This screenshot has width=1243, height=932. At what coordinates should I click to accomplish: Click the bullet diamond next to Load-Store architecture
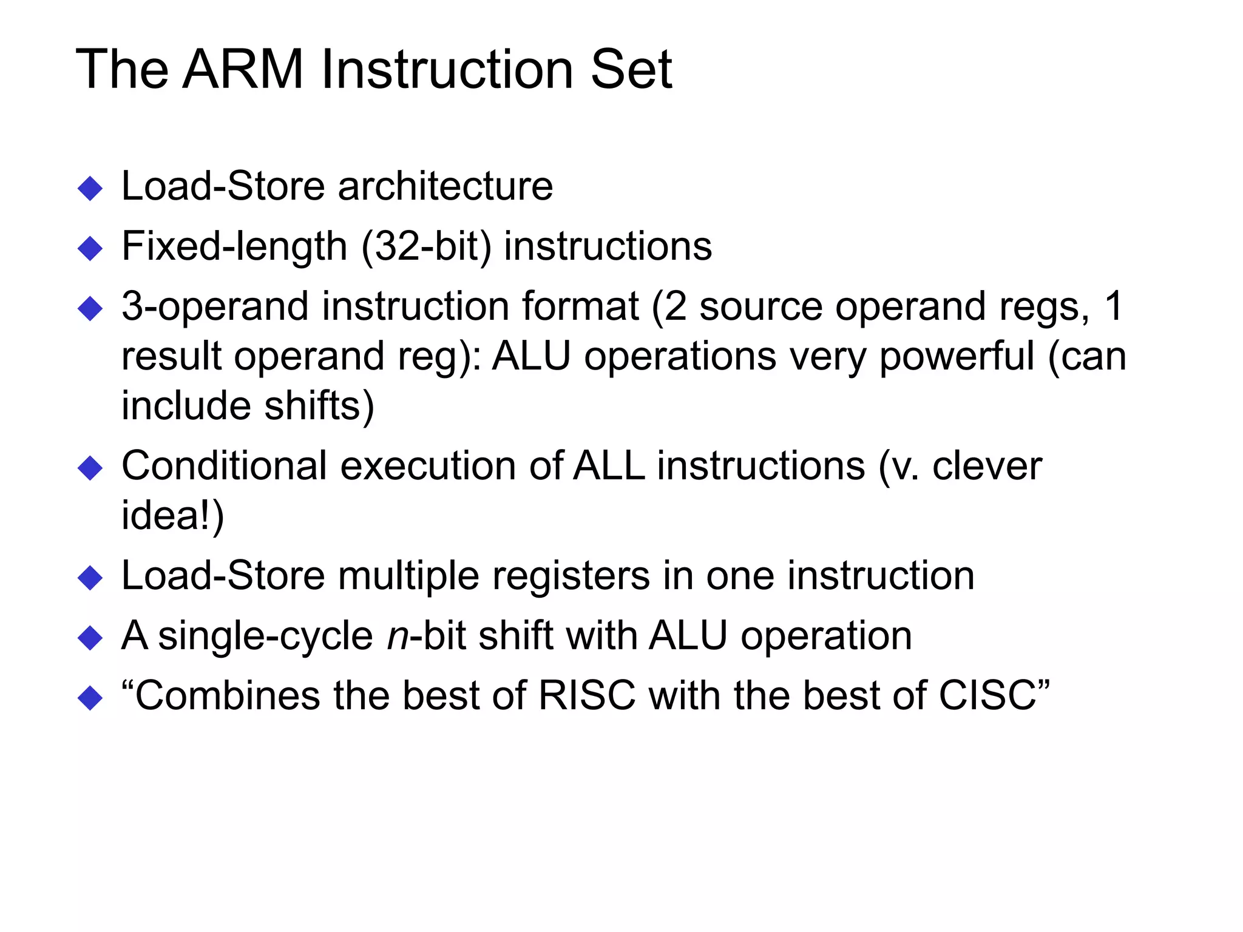coord(90,189)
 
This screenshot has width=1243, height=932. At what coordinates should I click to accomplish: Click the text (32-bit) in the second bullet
coord(426,247)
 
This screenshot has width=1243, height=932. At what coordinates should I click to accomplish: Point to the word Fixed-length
coord(234,247)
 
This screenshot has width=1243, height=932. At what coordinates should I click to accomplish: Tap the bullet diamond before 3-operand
coord(90,309)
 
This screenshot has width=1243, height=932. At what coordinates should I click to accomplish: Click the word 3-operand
coord(215,307)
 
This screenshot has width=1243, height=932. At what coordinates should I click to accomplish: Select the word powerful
coord(957,356)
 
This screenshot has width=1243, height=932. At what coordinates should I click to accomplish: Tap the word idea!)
coord(173,516)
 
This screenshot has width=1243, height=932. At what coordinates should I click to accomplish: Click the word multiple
coord(408,576)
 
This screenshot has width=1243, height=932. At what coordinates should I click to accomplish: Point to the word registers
coord(571,576)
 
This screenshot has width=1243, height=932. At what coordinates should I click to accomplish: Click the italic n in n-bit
coord(398,637)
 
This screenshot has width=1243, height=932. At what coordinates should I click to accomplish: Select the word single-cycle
coord(265,637)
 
